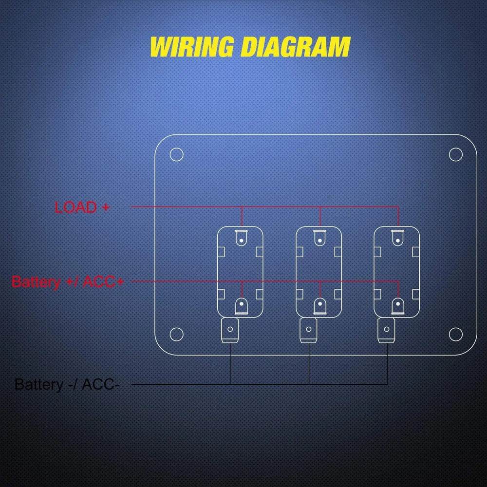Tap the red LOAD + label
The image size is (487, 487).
coord(82,207)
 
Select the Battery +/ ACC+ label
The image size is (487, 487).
coord(67,281)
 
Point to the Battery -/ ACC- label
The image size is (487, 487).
coord(67,384)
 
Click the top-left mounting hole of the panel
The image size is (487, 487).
coord(176,155)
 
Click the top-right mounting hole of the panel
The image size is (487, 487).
coord(455,155)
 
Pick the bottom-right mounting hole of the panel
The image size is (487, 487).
coord(455,334)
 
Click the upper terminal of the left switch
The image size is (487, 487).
coord(241,238)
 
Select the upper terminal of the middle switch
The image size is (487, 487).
coord(319,238)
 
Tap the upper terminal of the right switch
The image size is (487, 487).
coord(398,238)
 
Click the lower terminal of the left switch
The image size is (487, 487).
coord(241,306)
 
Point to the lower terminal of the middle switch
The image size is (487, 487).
coord(319,306)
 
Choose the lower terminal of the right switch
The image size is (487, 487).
coord(398,306)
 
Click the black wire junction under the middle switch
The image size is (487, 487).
coord(309,384)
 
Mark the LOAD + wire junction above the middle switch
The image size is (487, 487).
coord(319,207)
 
